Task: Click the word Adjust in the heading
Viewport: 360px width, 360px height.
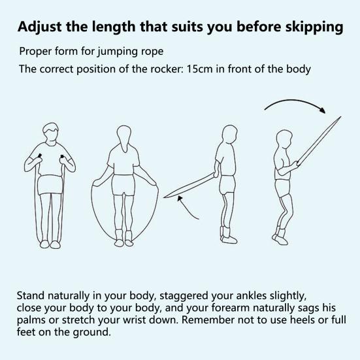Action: pos(40,27)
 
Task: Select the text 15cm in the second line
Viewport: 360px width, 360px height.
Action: pos(199,69)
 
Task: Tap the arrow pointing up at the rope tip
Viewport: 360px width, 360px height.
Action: pos(188,208)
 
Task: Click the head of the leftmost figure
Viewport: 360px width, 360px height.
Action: pos(51,133)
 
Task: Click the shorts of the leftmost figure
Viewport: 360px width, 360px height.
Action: pos(50,185)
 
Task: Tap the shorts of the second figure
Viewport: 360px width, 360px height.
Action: pos(123,185)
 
